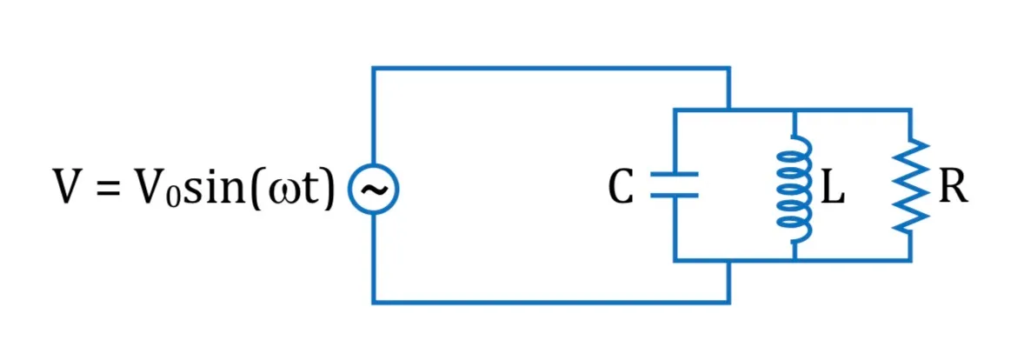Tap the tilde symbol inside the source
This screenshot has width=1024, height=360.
pyautogui.click(x=374, y=189)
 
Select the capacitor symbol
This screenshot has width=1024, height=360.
pyautogui.click(x=675, y=184)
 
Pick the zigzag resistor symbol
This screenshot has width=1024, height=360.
pyautogui.click(x=910, y=185)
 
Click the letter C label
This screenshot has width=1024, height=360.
pyautogui.click(x=621, y=189)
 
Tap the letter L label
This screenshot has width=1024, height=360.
pyautogui.click(x=832, y=189)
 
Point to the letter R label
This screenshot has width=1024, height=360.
pyautogui.click(x=952, y=189)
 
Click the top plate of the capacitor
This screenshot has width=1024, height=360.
pyautogui.click(x=675, y=174)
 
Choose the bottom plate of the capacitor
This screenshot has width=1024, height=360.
pyautogui.click(x=675, y=195)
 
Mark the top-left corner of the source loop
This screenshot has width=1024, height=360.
pyautogui.click(x=374, y=68)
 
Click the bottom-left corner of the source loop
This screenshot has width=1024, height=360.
pyautogui.click(x=374, y=302)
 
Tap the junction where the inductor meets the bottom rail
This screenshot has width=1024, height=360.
pyautogui.click(x=795, y=260)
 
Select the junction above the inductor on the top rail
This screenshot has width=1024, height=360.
pyautogui.click(x=795, y=110)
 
